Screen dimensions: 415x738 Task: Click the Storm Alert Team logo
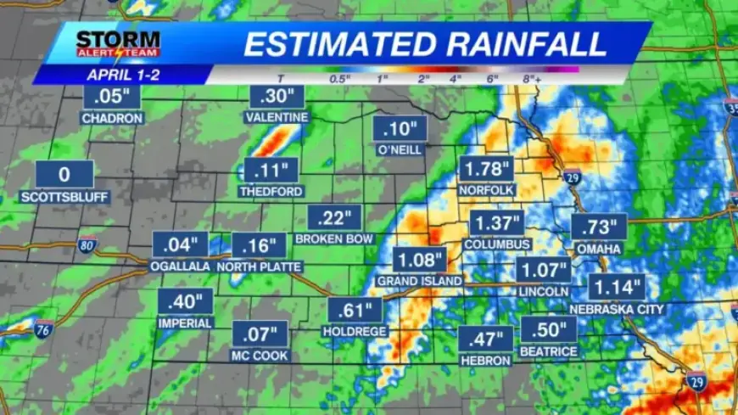click(118, 43)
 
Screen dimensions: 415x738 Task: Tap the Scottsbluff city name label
click(64, 197)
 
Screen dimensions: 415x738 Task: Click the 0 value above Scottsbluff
click(64, 175)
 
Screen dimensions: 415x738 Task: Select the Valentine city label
click(277, 117)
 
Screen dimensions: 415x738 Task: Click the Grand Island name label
click(420, 281)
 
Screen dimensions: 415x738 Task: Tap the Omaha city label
click(599, 249)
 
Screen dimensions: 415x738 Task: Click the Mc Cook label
click(260, 356)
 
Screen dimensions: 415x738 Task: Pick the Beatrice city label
click(549, 351)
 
